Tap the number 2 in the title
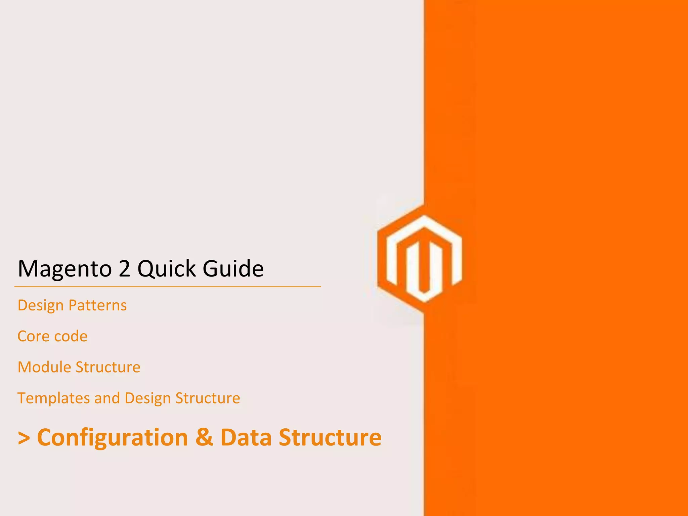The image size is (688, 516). pos(125,269)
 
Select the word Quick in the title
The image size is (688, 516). pos(167,269)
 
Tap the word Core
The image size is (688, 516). pos(33,336)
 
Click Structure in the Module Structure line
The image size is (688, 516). pos(108,367)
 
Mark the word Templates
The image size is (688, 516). pos(53,398)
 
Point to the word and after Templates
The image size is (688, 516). pos(107,398)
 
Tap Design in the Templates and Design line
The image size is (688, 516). pos(147,398)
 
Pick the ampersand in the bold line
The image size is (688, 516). pos(204,437)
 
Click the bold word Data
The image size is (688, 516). pos(246,437)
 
